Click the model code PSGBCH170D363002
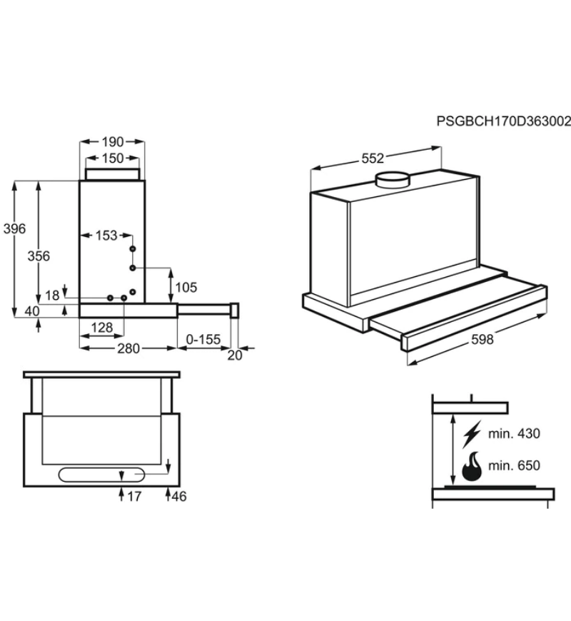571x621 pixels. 504,121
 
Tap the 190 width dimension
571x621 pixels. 113,142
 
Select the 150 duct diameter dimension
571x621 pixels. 113,158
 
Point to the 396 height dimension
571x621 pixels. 15,228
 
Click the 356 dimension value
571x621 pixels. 39,256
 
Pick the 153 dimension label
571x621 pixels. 106,236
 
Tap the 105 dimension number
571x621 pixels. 186,287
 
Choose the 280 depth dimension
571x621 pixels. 128,348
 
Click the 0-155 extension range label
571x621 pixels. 203,340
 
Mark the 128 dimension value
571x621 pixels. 102,328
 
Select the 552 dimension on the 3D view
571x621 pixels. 373,158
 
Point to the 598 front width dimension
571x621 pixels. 482,340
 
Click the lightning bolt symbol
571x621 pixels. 472,434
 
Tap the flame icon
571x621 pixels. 472,467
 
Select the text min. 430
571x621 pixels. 514,434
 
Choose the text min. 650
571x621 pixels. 514,465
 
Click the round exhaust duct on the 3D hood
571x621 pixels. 393,180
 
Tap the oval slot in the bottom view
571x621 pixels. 101,475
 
